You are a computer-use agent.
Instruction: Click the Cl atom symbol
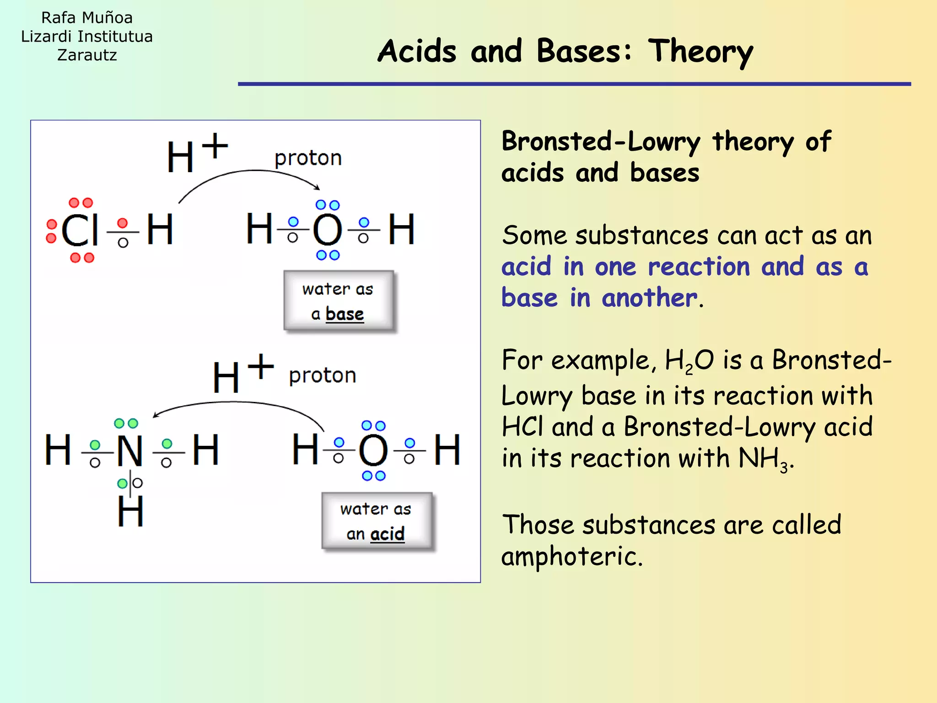coord(80,230)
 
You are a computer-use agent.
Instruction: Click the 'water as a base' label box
coord(338,301)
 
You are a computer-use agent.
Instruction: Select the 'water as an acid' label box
coord(376,521)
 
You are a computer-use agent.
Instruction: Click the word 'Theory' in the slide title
coord(700,51)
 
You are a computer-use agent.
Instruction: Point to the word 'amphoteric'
coord(572,557)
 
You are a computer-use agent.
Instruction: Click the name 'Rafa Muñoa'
coord(87,18)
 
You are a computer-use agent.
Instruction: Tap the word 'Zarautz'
coord(87,55)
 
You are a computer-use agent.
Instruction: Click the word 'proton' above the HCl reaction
coord(308,158)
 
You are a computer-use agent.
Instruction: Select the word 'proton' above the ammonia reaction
coord(323,376)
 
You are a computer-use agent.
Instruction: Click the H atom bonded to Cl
coord(160,229)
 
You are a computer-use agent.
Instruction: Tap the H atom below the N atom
coord(130,512)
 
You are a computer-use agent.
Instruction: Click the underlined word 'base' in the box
coord(345,314)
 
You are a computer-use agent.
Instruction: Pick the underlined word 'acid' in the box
coord(388,534)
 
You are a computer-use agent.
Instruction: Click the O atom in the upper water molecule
coord(328,229)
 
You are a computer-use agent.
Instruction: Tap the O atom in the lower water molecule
coord(373,450)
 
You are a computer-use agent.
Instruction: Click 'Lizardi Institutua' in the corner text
coord(87,37)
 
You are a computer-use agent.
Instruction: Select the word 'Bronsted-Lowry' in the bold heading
coord(601,141)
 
